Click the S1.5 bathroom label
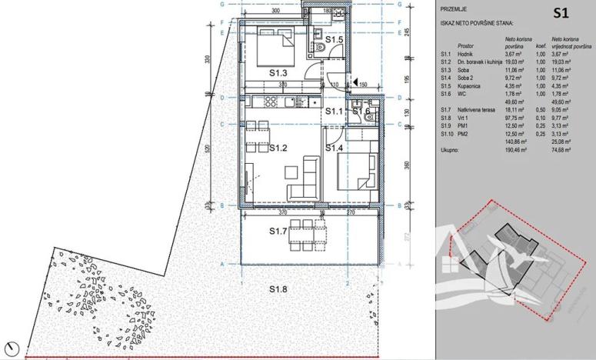[333, 39]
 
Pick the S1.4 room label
[335, 147]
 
